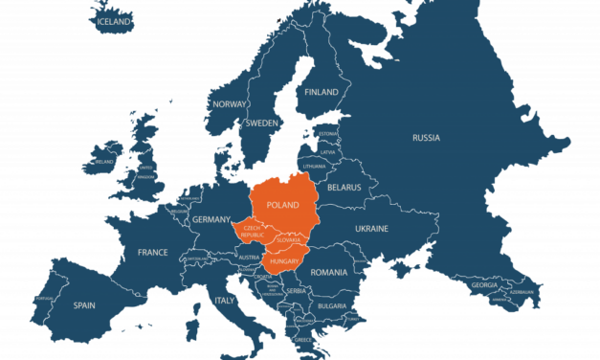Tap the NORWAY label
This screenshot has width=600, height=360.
230,103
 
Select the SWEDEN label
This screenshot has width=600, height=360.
262,124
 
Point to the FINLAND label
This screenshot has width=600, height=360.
322,92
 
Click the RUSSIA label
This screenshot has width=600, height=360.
426,138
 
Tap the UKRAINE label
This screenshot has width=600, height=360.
371,229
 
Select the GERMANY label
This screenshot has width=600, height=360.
211,219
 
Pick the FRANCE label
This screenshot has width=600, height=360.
152,253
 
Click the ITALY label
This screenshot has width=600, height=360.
223,301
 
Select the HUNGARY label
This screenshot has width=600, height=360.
285,262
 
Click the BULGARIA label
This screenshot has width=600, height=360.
332,305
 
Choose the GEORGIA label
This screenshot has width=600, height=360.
483,284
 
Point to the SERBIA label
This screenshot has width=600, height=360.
296,290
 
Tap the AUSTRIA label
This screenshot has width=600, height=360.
248,258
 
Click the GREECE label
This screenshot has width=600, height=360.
302,339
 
